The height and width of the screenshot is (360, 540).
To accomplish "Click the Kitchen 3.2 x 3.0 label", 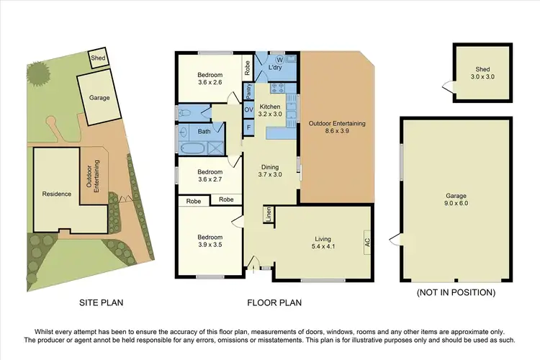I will coord(271,110).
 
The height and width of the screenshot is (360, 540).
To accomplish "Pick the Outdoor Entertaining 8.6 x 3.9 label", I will coord(337,127).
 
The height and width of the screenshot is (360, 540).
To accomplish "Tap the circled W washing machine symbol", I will coord(279,60).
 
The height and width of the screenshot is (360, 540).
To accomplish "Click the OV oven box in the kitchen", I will coord(248,109).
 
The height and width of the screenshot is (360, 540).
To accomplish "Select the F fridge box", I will coord(248,127).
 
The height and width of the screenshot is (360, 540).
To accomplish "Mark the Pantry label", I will coord(248,91).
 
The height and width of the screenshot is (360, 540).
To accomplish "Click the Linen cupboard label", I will coord(268,215).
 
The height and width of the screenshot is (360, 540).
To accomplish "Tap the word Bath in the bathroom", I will coord(204,132).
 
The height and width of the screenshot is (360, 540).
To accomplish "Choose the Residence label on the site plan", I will coord(57,194).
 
